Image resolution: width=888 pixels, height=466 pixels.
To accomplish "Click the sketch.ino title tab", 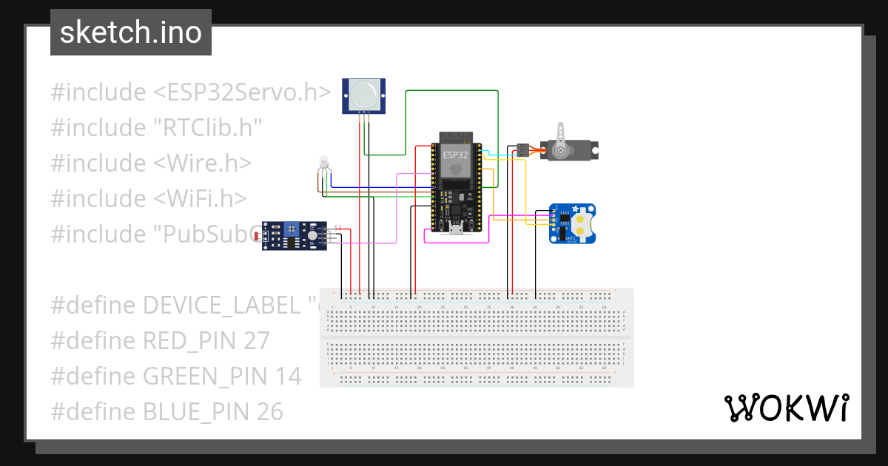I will [x=131, y=33].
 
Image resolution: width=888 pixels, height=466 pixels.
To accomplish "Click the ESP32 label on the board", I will [x=455, y=155].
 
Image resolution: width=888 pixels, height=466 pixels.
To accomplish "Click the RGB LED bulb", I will [x=323, y=162].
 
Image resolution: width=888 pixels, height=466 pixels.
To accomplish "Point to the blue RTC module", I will [x=573, y=223].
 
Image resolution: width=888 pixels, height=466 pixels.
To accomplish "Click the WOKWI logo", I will [x=785, y=408].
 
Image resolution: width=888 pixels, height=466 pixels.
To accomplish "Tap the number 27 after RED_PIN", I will [x=255, y=341].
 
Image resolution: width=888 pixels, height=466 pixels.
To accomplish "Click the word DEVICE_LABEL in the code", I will [x=221, y=305].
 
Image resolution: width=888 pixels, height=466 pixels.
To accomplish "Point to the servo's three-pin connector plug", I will [x=522, y=149].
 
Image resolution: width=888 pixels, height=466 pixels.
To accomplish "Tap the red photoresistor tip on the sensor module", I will [x=258, y=237].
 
